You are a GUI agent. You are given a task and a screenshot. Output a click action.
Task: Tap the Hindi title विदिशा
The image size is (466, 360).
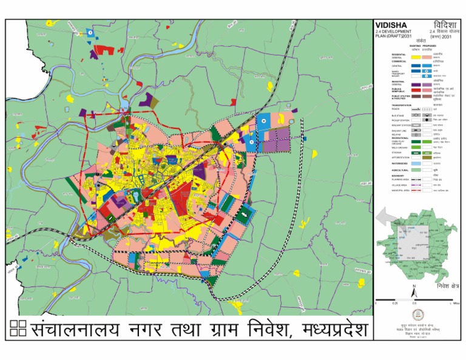(x=444, y=25)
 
